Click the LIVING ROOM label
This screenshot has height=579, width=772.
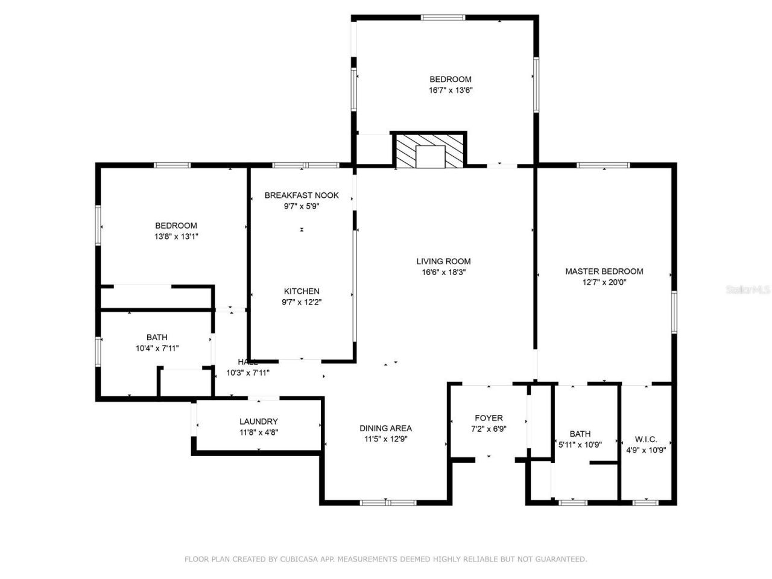[x=443, y=261]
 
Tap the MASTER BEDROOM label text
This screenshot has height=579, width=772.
[x=604, y=271]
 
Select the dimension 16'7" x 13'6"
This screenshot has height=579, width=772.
[x=450, y=90]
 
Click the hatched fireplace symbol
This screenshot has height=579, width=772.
[x=429, y=150]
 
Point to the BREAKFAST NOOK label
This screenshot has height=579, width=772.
[x=302, y=195]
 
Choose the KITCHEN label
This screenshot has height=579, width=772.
[x=302, y=291]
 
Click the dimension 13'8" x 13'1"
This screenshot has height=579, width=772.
[x=176, y=236]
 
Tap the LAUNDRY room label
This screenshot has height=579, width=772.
[x=258, y=422]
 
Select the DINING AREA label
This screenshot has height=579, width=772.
[x=385, y=428]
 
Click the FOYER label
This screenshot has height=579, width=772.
[x=489, y=418]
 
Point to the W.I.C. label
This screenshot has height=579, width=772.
[x=646, y=439]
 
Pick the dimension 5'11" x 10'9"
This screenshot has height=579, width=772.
[x=580, y=445]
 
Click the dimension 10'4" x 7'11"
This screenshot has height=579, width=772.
[x=157, y=348]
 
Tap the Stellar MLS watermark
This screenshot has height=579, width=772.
[x=748, y=290]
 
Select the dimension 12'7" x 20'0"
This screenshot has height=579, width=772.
[x=604, y=282]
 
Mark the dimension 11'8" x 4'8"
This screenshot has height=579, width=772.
[x=258, y=432]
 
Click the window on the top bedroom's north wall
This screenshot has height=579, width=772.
[x=443, y=17]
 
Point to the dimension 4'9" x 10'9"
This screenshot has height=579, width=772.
[x=646, y=449]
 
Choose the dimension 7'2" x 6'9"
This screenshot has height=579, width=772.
[x=489, y=429]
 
